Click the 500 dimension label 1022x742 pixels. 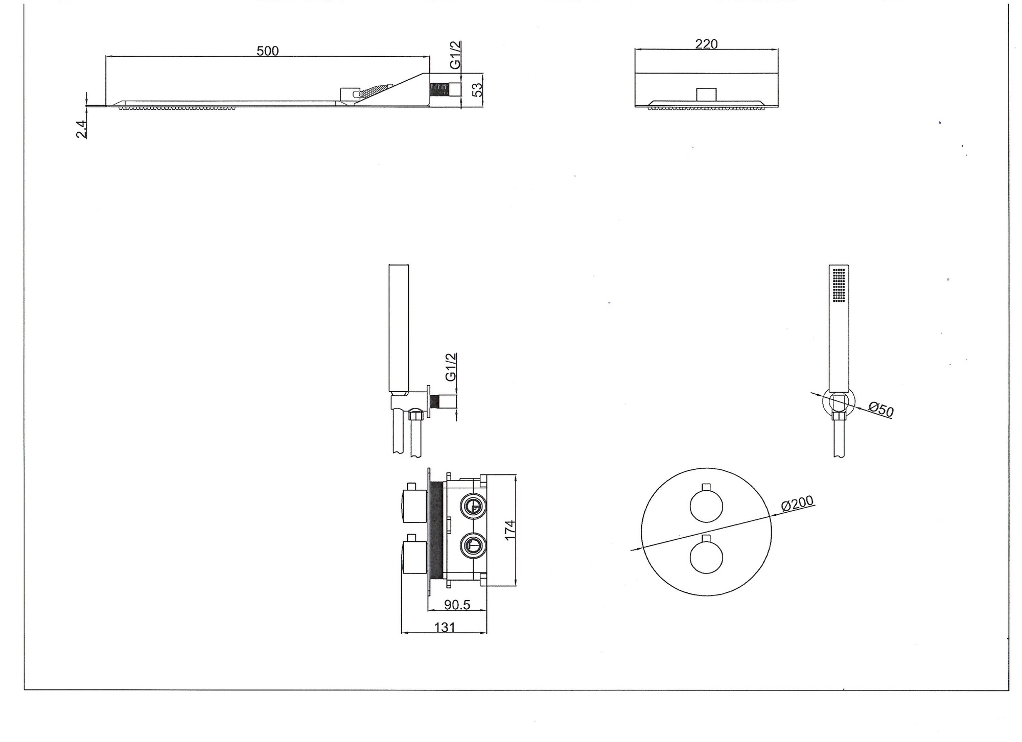pos(267,51)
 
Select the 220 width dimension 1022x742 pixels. pos(706,44)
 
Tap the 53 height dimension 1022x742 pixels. pos(477,89)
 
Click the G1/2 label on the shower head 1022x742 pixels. pos(455,55)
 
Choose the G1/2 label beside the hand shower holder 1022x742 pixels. pos(451,367)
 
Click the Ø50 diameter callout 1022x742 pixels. pos(881,410)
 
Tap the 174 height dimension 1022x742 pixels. pos(509,531)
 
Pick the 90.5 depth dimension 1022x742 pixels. pos(457,605)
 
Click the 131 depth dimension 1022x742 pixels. pos(445,627)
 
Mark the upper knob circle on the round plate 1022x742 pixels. pos(706,506)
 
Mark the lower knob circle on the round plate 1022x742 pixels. pos(706,557)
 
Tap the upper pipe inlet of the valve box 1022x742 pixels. pos(473,506)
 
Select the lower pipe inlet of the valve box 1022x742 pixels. pos(473,545)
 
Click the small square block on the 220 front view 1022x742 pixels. pos(706,94)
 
